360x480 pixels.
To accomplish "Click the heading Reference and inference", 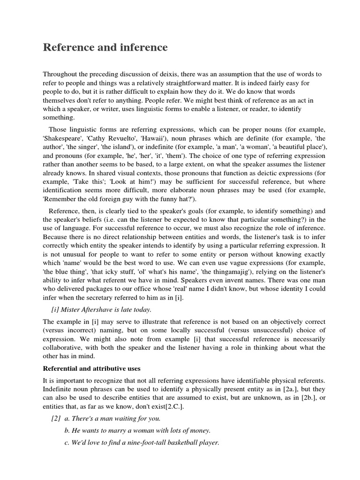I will click(105, 47).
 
